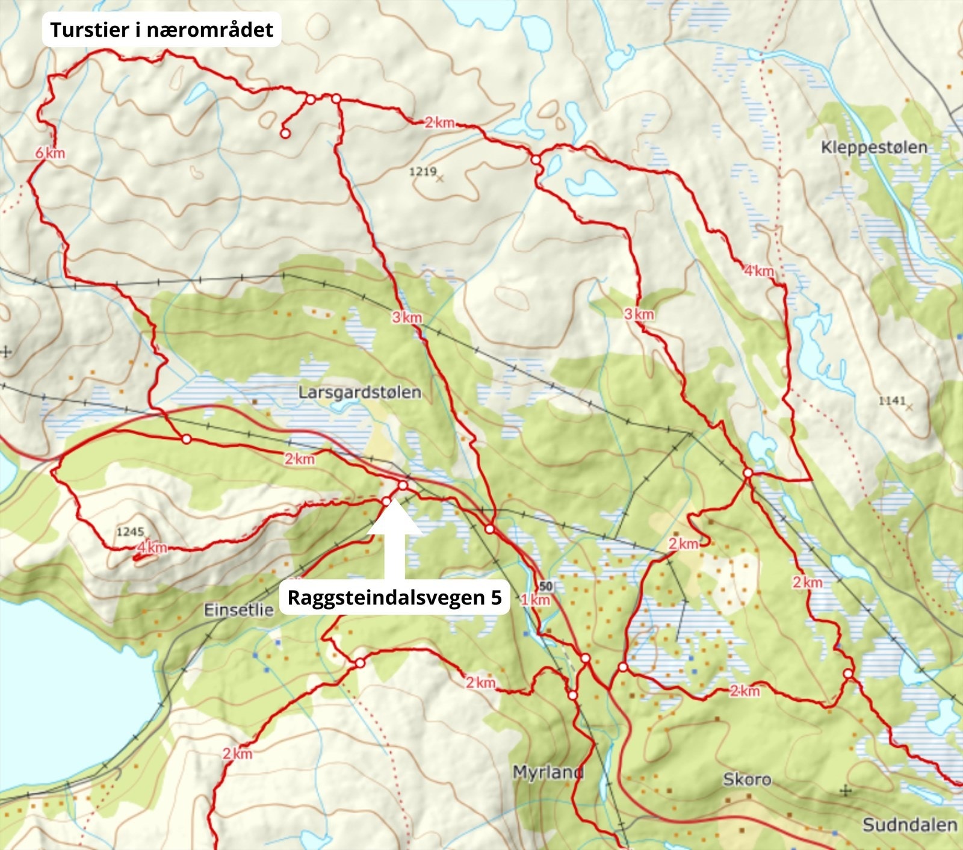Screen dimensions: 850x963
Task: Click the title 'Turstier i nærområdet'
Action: pyautogui.click(x=161, y=29)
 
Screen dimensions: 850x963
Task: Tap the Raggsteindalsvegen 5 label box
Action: pyautogui.click(x=394, y=597)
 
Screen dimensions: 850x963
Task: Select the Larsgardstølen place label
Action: pyautogui.click(x=360, y=392)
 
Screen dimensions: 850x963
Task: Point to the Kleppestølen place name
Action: pyautogui.click(x=874, y=147)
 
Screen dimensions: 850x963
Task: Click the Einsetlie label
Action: pyautogui.click(x=239, y=610)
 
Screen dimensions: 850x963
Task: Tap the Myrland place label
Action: pyautogui.click(x=548, y=772)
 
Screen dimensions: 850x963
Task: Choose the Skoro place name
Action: pyautogui.click(x=747, y=780)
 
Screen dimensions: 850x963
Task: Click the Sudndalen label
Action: pyautogui.click(x=909, y=825)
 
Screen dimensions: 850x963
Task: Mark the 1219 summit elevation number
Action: pyautogui.click(x=423, y=172)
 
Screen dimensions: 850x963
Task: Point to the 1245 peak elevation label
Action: pyautogui.click(x=130, y=532)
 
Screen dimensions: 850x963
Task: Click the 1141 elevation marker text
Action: pyautogui.click(x=892, y=401)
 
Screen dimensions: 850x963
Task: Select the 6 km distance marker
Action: pyautogui.click(x=50, y=153)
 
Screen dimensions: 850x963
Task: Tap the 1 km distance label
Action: pyautogui.click(x=535, y=600)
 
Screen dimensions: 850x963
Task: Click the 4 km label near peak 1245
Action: pyautogui.click(x=152, y=548)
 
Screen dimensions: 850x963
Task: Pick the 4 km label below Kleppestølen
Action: pyautogui.click(x=758, y=271)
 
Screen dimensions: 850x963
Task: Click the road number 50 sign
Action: pyautogui.click(x=546, y=586)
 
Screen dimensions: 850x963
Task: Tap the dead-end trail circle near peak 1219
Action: pyautogui.click(x=285, y=134)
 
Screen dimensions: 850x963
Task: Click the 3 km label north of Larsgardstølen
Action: pyautogui.click(x=407, y=317)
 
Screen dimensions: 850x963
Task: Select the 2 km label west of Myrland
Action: pyautogui.click(x=480, y=683)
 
